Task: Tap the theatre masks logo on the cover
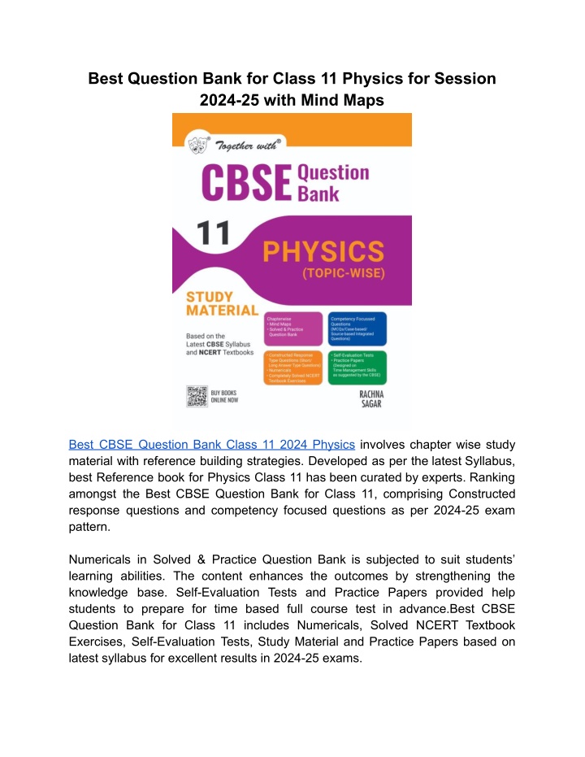pos(197,143)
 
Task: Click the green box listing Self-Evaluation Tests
pos(357,368)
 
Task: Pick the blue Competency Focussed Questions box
pos(357,328)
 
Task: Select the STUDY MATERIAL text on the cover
pos(222,303)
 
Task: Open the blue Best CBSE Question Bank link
pos(212,444)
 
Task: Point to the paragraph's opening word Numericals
pos(107,563)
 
